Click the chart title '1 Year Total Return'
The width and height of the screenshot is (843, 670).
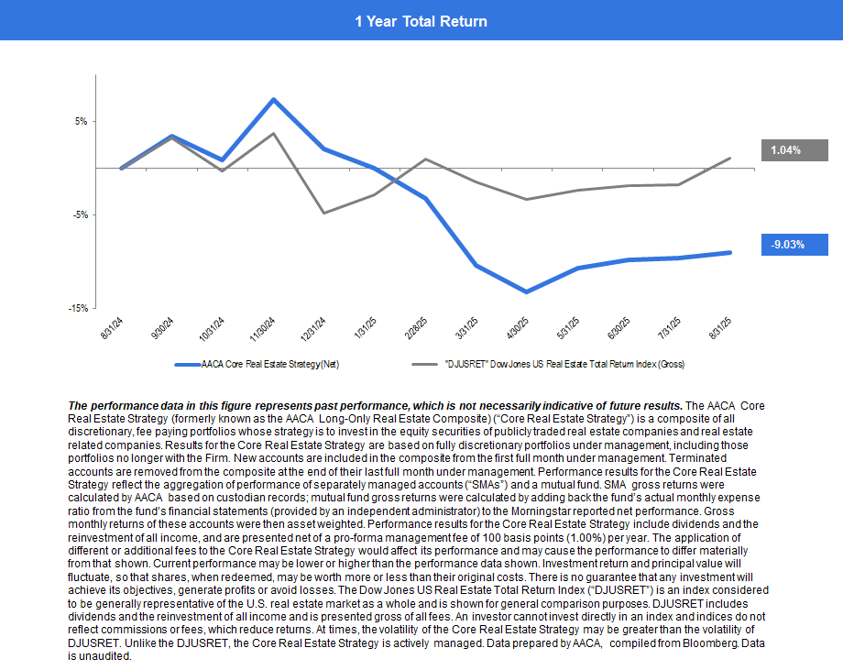pos(421,21)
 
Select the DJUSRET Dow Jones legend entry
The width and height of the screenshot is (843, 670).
pos(564,365)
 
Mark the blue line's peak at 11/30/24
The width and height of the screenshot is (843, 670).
pos(273,99)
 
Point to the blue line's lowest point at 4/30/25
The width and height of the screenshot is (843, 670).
pos(527,291)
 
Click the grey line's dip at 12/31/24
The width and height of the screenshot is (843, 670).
pos(323,213)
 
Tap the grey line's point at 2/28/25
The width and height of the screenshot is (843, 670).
pos(425,159)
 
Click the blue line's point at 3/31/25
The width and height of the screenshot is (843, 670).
pos(476,266)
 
